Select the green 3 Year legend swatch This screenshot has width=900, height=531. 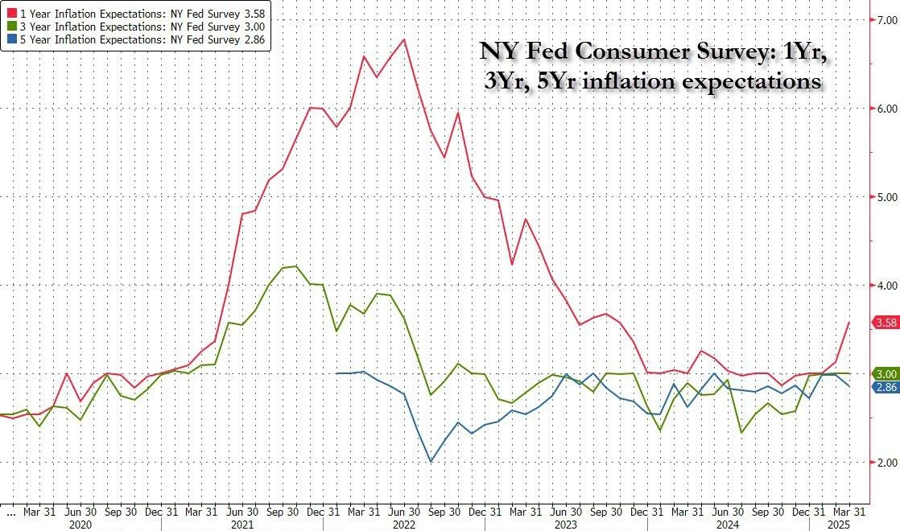(x=10, y=27)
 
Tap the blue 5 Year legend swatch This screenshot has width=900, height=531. (x=10, y=39)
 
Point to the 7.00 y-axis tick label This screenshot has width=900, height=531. (x=883, y=19)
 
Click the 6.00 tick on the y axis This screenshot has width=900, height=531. (x=883, y=108)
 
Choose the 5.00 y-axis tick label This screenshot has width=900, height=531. (x=883, y=196)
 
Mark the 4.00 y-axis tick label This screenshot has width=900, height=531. (x=883, y=285)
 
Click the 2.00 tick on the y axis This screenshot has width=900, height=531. (x=883, y=462)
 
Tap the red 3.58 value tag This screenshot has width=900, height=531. (x=885, y=323)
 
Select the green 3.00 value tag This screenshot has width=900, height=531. (x=885, y=374)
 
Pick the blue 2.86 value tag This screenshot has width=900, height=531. (x=885, y=387)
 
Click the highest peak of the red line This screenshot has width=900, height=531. (x=403, y=39)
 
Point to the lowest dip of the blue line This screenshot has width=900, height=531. (x=431, y=462)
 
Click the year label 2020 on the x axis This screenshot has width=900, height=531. (x=80, y=522)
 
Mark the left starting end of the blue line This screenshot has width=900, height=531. (x=336, y=373)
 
